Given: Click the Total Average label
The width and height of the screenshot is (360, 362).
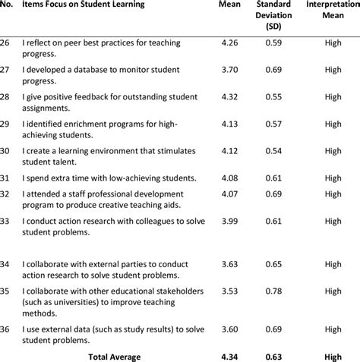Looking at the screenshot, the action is (114, 356).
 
